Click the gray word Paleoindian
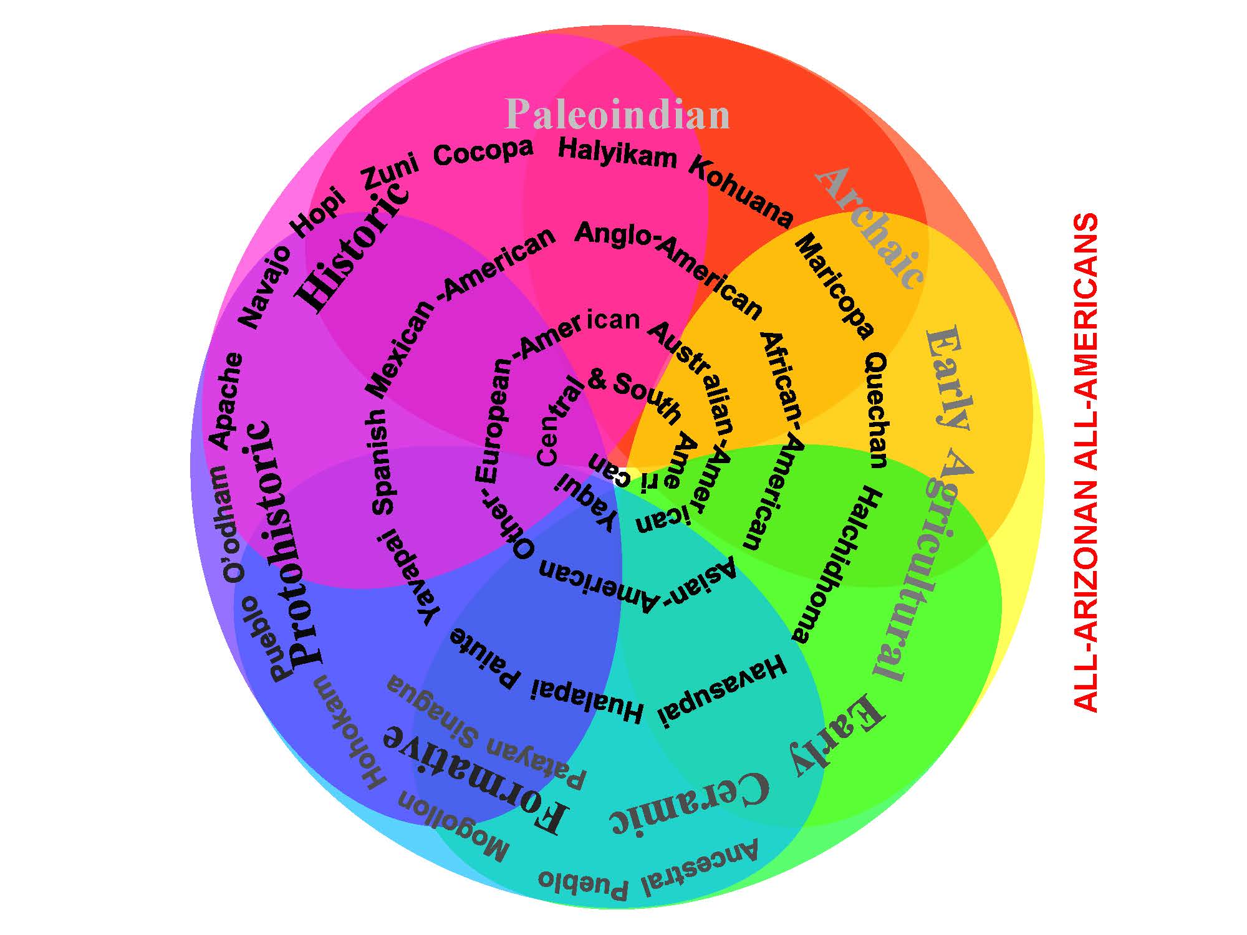click(x=617, y=115)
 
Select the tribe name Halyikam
click(x=617, y=153)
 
